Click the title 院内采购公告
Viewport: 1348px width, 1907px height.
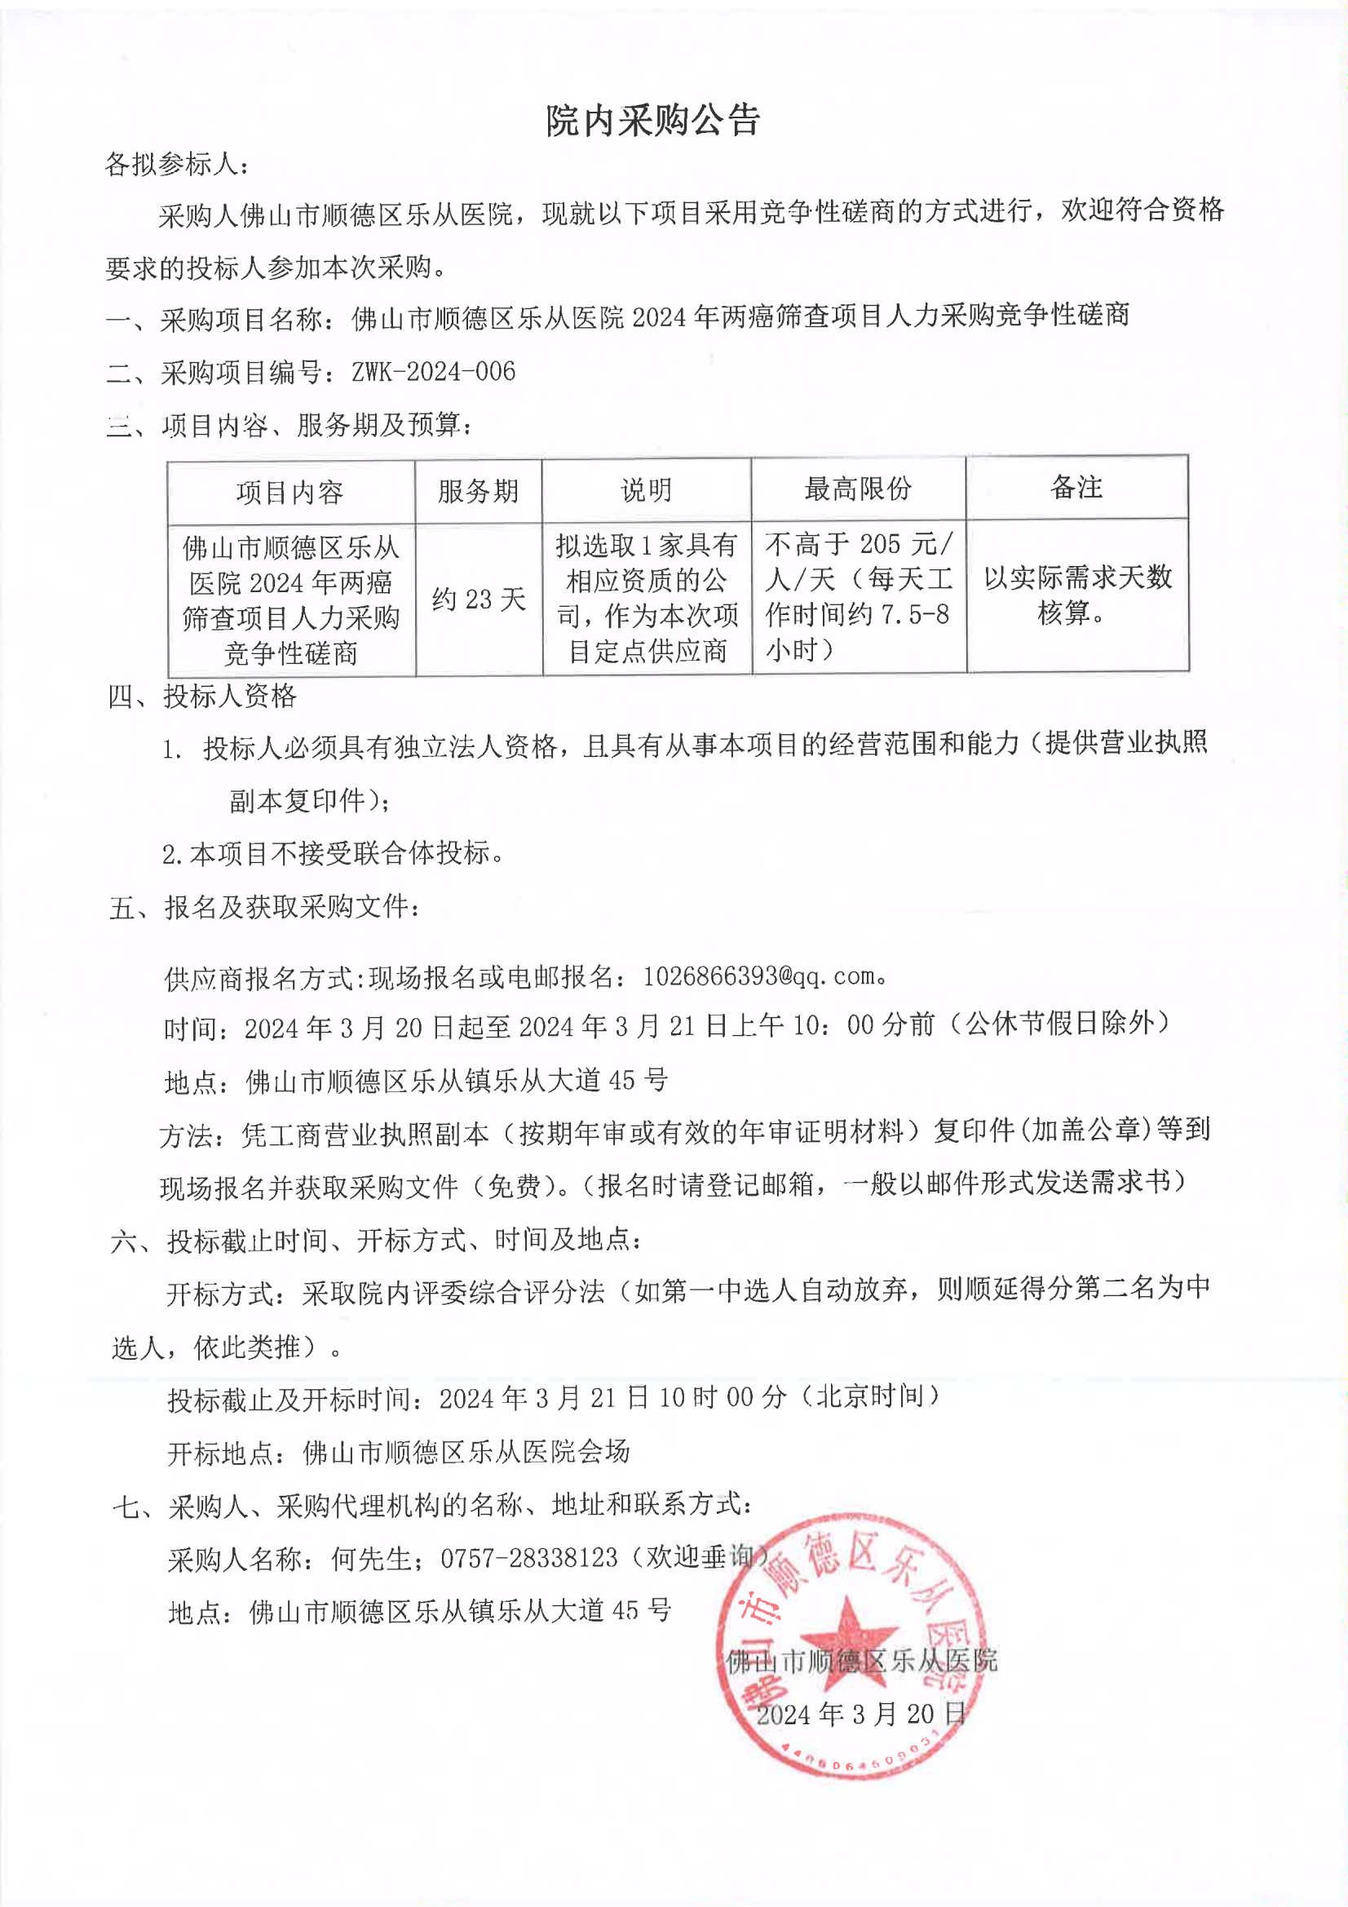(x=653, y=122)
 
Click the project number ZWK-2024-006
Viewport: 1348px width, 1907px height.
(x=434, y=371)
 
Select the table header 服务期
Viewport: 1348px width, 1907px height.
(x=479, y=491)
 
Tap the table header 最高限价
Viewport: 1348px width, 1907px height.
(x=857, y=489)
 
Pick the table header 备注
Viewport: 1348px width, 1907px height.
(x=1076, y=487)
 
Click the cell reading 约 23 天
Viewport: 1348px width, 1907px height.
(x=479, y=599)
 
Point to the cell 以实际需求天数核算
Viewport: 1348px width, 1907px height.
(x=1077, y=594)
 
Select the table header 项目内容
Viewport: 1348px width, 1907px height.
(x=289, y=493)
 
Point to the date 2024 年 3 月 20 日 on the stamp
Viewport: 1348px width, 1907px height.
(x=861, y=1713)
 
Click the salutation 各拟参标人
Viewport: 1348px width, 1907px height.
(x=176, y=165)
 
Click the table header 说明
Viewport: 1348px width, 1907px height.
(x=646, y=490)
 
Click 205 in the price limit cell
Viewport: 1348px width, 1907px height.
(x=880, y=544)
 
